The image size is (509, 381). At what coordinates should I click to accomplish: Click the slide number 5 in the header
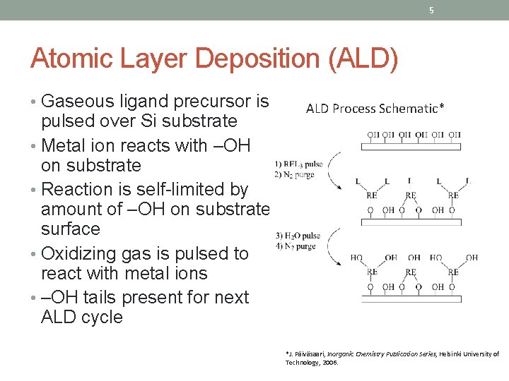pyautogui.click(x=431, y=10)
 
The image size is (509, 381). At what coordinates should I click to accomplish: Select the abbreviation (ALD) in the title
pyautogui.click(x=363, y=59)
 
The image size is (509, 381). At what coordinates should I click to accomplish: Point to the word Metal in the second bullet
pyautogui.click(x=66, y=146)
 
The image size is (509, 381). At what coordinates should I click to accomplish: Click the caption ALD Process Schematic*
pyautogui.click(x=375, y=109)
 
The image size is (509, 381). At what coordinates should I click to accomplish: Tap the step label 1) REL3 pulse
pyautogui.click(x=298, y=164)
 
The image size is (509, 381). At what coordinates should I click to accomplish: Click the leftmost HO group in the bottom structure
pyautogui.click(x=356, y=258)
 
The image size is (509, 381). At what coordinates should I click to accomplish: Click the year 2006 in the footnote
pyautogui.click(x=331, y=363)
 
